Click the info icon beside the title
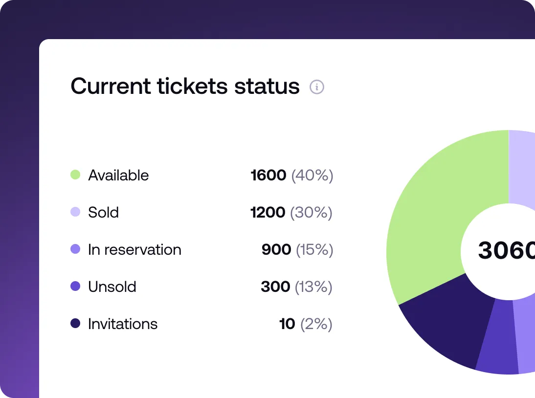[317, 88]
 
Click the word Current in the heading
[111, 86]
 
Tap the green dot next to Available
[75, 175]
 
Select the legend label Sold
[103, 212]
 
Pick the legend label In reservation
[134, 249]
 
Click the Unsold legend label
[112, 287]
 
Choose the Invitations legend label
[123, 324]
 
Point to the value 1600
[268, 175]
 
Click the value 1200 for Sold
[267, 212]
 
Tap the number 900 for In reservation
[276, 249]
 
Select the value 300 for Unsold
[275, 287]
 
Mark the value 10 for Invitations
[287, 324]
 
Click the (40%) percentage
[312, 175]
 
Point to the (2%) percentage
[316, 324]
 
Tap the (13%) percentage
[313, 287]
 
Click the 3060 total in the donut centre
[506, 250]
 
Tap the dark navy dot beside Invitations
[75, 323]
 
